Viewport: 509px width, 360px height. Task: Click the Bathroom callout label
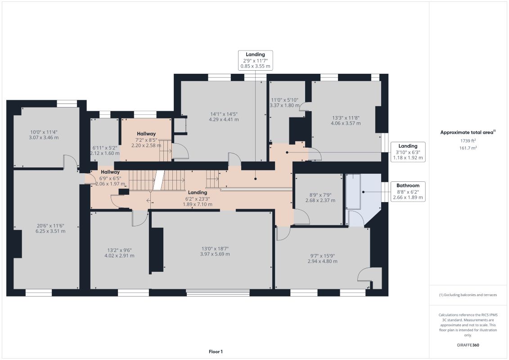(x=408, y=192)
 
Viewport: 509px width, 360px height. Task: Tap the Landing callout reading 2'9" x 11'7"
(x=255, y=60)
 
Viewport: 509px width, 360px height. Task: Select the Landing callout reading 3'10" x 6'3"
(x=408, y=152)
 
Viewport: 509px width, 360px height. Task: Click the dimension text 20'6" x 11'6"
(x=50, y=229)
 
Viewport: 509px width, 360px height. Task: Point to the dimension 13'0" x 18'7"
(x=215, y=251)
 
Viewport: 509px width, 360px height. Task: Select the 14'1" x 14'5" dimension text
(x=224, y=117)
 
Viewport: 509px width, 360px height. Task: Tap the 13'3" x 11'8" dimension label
(x=346, y=121)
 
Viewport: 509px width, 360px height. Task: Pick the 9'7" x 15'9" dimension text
(x=322, y=258)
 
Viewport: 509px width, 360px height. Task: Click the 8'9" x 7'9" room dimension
(x=320, y=198)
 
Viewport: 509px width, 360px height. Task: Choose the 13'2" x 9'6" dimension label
(x=119, y=253)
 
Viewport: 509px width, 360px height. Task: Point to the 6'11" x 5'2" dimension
(x=105, y=150)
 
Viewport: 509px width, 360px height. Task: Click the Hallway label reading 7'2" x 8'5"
(x=146, y=139)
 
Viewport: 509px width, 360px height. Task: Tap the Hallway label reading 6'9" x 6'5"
(x=110, y=178)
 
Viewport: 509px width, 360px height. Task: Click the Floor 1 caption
(x=216, y=351)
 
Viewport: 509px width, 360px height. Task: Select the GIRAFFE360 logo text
(x=468, y=345)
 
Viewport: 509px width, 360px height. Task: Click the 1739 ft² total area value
(x=468, y=141)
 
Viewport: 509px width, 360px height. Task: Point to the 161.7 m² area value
(x=468, y=148)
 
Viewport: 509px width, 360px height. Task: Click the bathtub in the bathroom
(x=353, y=192)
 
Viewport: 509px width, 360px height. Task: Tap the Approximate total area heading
(x=468, y=132)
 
